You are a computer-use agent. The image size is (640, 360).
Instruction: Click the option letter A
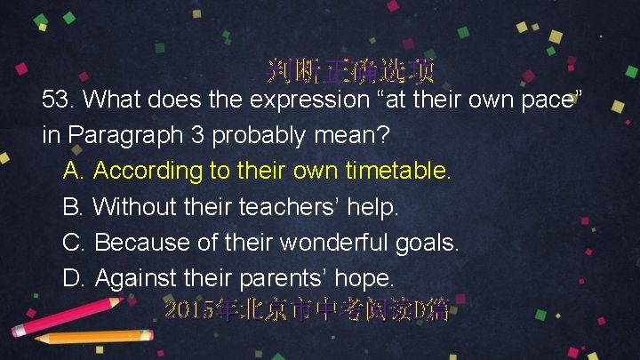click(75, 170)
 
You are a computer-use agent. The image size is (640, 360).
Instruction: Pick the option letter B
click(75, 206)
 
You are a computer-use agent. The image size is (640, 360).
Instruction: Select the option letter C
click(75, 242)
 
